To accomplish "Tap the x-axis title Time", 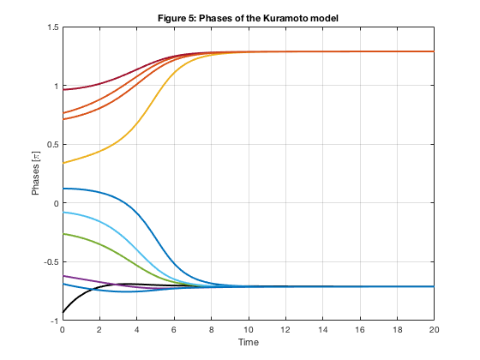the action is [249, 342].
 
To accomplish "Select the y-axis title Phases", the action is [35, 179].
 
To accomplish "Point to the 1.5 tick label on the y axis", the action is [53, 27].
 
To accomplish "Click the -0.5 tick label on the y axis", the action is [51, 262].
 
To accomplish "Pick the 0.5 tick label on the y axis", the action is [53, 145].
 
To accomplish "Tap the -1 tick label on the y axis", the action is [55, 321].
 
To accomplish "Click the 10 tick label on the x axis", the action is [249, 330].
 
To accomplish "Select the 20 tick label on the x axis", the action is [434, 330].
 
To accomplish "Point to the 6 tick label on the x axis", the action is [174, 330].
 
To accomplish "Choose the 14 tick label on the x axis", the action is [322, 330].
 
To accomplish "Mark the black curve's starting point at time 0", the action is [63, 312].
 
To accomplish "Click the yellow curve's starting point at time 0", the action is [63, 163].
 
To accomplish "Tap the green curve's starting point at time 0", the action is [63, 234].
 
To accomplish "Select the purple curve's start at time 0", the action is [63, 276].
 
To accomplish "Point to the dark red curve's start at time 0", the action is [63, 90].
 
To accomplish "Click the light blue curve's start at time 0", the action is [63, 213].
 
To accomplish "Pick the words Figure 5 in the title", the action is [177, 18].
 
